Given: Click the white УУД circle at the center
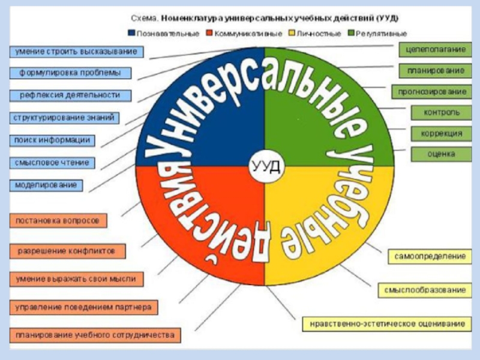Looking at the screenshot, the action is point(266,167).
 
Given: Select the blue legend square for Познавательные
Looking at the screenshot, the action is point(131,33).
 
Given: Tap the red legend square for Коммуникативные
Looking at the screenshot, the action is point(209,33).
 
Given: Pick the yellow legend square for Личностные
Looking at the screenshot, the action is point(292,33).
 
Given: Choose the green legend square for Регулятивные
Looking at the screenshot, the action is point(351,33).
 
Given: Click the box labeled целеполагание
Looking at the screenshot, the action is point(435,50).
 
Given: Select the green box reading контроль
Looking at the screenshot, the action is point(441,113).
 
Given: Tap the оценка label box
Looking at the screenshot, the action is point(441,154).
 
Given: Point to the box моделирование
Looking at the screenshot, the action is point(46,185).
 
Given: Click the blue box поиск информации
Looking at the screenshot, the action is point(52,140).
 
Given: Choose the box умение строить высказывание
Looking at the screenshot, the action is point(76,52).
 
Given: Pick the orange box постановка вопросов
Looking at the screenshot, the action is point(58,221).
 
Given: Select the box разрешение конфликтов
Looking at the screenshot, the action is point(67,251).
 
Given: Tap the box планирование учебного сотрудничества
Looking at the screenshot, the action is point(95,335).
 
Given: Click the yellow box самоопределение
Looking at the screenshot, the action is point(430,257).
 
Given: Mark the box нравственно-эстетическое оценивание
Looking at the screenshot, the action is point(387,324).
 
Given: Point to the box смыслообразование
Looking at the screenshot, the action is point(425,290).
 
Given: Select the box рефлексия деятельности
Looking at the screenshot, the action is point(70,95).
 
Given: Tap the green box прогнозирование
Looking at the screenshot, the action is point(431,92).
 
